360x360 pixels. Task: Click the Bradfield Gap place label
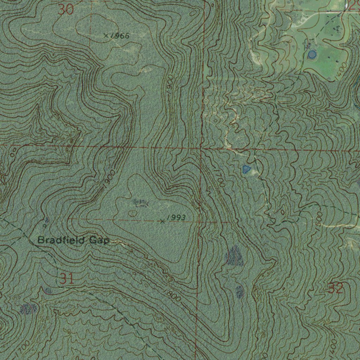[x=73, y=240]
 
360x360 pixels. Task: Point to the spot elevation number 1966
[x=120, y=36]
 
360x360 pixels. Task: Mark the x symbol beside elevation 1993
[x=162, y=221]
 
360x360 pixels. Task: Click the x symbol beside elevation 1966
[x=106, y=36]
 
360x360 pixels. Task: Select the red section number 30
[x=66, y=9]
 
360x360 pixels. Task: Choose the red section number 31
[x=66, y=279]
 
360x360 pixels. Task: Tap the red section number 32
[x=335, y=288]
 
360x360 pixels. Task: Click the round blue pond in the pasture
[x=312, y=54]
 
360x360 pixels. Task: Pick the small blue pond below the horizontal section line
[x=246, y=170]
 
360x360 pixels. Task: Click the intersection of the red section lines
[x=201, y=148]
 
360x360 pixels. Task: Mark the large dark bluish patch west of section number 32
[x=234, y=256]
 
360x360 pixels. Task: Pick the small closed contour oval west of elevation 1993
[x=133, y=213]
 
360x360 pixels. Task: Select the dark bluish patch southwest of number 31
[x=28, y=309]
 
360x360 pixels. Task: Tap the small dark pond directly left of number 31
[x=48, y=291]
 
